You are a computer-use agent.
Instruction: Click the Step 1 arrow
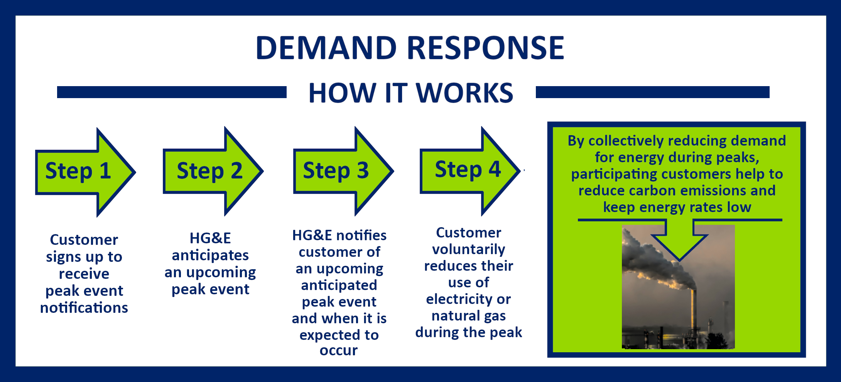point(83,172)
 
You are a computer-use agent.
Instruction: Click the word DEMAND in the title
point(326,48)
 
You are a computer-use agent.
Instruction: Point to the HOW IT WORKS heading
point(411,93)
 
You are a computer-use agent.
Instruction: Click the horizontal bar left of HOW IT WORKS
point(172,92)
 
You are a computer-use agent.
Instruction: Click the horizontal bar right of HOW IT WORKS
point(652,92)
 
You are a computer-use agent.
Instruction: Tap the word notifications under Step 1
point(84,308)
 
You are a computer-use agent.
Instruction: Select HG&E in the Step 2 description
point(210,238)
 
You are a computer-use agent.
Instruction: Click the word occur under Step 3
point(339,350)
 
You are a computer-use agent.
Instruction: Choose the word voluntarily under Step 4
point(468,250)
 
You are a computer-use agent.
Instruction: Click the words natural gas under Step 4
point(468,316)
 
